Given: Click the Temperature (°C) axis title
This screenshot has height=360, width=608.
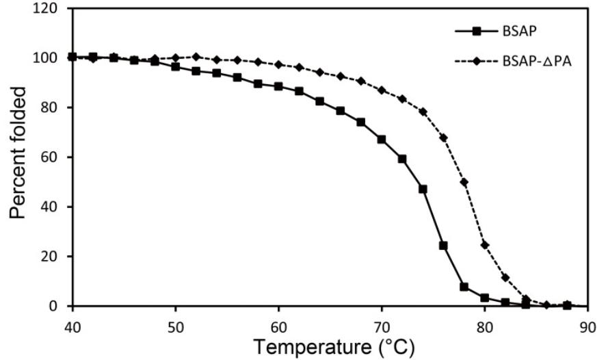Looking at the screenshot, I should coord(334,347).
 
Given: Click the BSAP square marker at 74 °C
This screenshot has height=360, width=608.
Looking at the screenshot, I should coord(423,189).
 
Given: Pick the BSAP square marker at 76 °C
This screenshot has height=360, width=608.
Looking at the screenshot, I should coord(443,245).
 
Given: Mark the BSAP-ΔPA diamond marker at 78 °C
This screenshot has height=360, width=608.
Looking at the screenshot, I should coord(464,182).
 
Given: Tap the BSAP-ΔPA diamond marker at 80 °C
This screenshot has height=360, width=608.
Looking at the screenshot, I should coord(485,244).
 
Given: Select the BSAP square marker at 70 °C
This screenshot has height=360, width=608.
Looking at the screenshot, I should coord(382,139).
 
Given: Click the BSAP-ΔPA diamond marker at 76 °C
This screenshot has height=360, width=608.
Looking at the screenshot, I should coord(443,138).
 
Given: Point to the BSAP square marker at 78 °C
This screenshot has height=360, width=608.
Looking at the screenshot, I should coord(464,287).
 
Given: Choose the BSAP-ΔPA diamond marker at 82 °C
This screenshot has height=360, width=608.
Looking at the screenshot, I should coord(505,277).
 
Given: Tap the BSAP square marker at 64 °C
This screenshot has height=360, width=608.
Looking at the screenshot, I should coord(319,101).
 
